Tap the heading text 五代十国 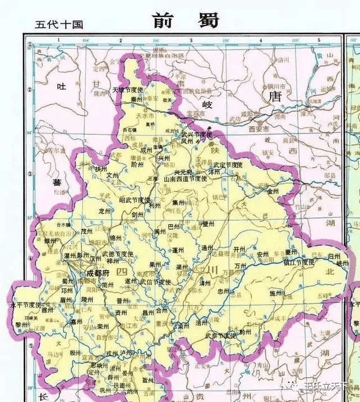point(58,24)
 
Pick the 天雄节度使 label point(129,90)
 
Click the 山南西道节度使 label point(186,178)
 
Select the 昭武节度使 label point(135,200)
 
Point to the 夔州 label point(291,252)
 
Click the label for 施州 point(276,293)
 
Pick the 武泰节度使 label point(220,336)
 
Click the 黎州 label point(21,324)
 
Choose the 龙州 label point(105,212)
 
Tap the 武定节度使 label point(227,164)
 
